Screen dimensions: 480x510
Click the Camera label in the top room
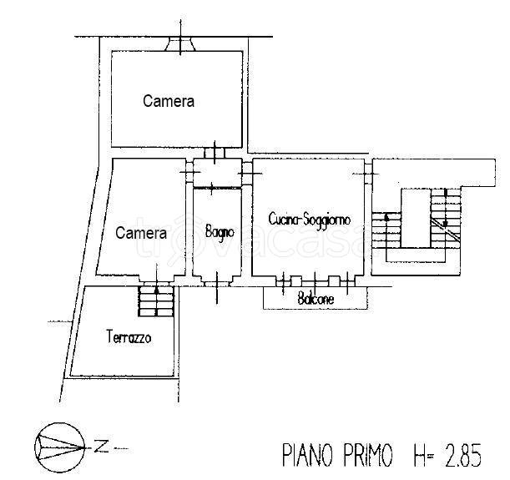169,101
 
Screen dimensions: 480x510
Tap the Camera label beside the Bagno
135,233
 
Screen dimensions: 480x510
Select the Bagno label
220,231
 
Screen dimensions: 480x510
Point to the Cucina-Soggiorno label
310,219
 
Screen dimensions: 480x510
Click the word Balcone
316,298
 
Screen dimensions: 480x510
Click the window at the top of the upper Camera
179,43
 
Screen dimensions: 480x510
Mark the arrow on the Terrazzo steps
156,291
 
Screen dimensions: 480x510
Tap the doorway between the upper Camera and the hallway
215,154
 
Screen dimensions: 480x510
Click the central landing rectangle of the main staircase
415,218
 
